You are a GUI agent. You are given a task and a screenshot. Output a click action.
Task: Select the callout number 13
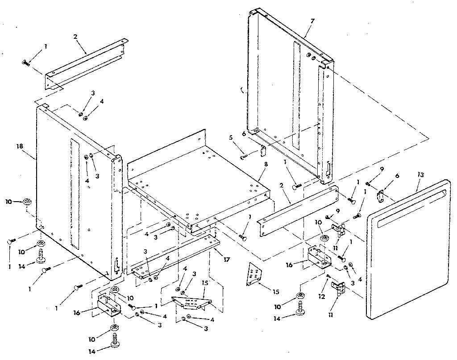pos(421,174)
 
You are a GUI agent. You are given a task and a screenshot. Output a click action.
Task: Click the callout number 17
pos(227,259)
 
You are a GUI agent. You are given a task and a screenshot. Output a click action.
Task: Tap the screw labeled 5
pos(243,156)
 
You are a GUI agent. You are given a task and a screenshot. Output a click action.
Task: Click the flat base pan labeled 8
pos(196,178)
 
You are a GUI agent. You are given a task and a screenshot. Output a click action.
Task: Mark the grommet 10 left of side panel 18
pos(27,202)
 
